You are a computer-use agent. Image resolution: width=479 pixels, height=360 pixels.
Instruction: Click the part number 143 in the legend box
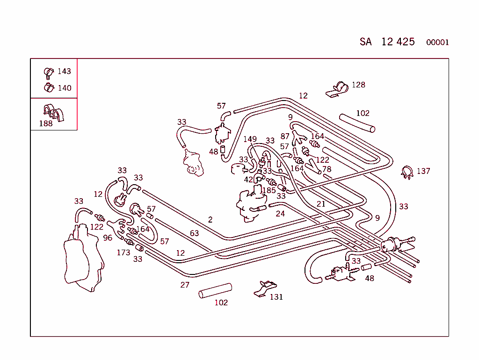pos(64,72)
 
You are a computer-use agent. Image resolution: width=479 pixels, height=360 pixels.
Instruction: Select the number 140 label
pos(64,88)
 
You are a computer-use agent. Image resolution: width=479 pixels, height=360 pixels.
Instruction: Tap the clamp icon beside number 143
pos(49,72)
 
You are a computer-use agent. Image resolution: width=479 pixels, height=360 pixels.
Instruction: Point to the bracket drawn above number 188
pos(53,113)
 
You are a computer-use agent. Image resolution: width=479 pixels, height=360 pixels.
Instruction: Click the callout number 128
pos(358,85)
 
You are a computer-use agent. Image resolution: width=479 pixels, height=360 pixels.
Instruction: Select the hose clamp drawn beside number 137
pos(407,172)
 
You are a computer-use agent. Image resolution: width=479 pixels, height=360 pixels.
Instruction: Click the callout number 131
pos(276,297)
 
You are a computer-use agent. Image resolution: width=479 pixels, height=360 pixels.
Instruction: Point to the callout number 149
pos(250,139)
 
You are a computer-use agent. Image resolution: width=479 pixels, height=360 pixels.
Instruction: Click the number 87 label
pos(285,136)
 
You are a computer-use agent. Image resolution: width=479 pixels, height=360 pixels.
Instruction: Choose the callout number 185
pos(269,190)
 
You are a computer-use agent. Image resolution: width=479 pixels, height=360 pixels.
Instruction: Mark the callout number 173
pos(123,253)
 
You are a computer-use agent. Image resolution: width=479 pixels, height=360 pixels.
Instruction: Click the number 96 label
pos(108,238)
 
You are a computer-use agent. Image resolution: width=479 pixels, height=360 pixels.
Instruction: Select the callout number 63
pos(194,233)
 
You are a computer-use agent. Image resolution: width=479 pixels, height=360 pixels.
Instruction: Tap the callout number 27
pos(185,285)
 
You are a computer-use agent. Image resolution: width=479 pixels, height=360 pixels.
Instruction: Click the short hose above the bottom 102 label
pos(215,291)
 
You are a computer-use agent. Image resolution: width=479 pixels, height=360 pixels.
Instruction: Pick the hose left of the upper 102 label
pos(357,122)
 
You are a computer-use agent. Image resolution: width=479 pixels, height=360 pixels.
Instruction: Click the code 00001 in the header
pos(437,43)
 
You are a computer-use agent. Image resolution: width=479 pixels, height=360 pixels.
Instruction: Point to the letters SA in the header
pos(365,42)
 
